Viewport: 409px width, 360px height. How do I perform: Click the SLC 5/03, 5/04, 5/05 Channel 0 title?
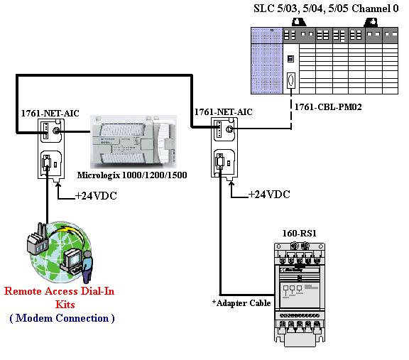326,9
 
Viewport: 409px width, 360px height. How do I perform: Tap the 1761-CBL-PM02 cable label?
328,107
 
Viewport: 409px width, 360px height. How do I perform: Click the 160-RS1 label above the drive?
300,233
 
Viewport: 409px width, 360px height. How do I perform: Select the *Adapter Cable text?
241,303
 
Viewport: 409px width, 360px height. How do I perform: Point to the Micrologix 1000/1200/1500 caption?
132,175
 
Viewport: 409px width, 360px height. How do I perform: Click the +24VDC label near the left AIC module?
96,196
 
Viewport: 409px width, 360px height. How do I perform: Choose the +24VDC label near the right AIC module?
269,195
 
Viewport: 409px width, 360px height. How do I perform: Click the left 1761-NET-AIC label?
50,113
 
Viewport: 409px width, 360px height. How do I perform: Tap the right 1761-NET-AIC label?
224,112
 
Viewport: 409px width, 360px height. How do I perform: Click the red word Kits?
65,305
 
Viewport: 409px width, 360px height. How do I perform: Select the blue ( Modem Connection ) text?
62,318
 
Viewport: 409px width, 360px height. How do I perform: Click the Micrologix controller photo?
133,142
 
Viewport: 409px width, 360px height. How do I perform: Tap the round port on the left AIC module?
56,131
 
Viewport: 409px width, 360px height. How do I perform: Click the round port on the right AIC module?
229,129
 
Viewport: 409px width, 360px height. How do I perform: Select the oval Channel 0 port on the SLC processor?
291,80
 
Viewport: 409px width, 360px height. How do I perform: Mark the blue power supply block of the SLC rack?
267,60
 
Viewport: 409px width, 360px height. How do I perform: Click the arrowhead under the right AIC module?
231,183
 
